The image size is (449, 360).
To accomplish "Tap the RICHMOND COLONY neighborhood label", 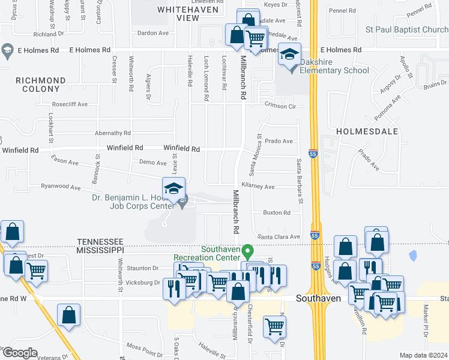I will coord(41,85).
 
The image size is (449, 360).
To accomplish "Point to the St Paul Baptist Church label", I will coord(407,29).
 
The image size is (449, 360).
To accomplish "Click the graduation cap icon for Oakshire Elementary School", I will coord(289,55).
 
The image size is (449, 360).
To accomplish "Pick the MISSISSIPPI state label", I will coord(100,249).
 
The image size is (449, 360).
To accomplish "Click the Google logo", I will coord(19,353).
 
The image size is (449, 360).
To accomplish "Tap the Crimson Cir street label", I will coord(282,106).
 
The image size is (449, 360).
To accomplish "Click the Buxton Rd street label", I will coord(277,212).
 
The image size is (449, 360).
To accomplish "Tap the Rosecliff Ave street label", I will coord(70,104).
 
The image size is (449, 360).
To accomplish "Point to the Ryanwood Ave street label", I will coord(60,187).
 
